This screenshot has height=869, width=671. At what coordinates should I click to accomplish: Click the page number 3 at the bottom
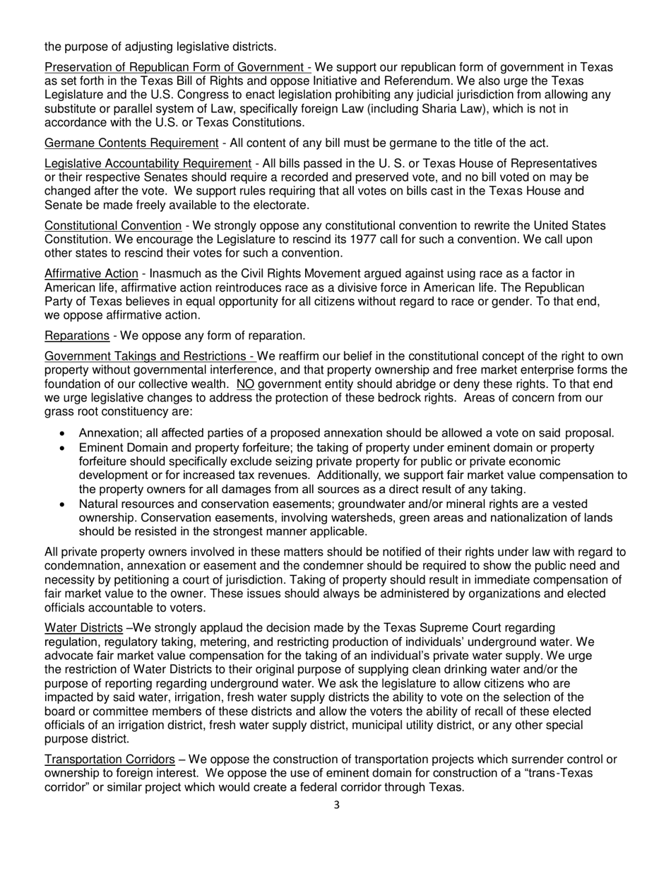336,804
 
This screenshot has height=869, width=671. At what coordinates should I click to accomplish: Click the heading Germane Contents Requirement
131,143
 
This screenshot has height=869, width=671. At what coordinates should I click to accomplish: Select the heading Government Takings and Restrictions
149,355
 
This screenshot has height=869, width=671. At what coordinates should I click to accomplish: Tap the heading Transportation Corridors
109,760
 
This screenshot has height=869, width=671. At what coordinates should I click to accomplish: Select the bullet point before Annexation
64,433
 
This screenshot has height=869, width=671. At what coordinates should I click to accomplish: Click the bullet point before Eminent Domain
64,449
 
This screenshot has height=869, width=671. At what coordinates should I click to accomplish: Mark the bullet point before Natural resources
64,504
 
